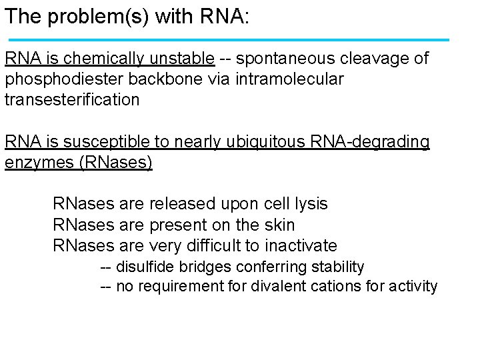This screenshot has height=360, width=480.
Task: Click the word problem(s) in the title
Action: pos(100,17)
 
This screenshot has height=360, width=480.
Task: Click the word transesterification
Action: pos(72,100)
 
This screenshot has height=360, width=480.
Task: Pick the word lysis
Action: pos(311,203)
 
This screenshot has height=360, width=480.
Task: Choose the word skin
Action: pos(279,224)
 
